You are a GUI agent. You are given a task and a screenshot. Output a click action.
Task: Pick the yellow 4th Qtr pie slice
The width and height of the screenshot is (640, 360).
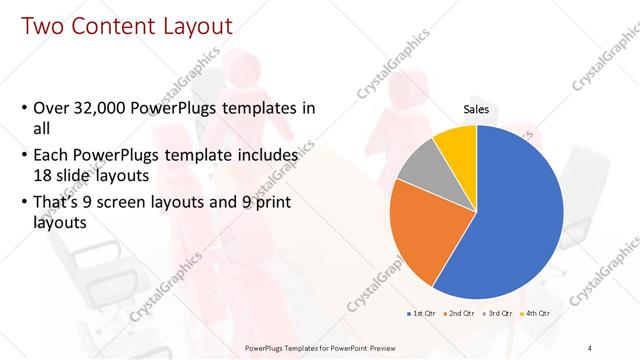(456, 143)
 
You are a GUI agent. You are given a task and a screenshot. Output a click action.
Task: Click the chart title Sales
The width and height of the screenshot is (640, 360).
(476, 110)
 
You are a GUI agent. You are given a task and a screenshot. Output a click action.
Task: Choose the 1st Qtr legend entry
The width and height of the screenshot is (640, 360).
(421, 314)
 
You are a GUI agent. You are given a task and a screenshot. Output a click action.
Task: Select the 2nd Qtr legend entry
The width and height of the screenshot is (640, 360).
(459, 314)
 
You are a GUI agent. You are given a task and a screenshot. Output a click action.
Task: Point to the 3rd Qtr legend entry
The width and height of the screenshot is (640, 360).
(497, 314)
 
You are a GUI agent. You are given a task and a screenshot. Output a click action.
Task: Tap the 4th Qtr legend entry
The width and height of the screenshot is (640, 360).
(534, 314)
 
